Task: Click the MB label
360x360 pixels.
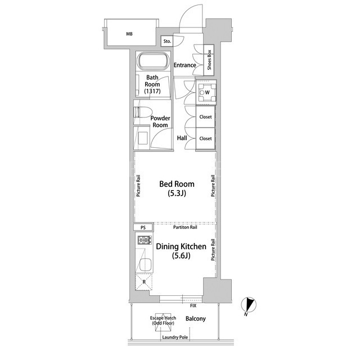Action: [x=129, y=34]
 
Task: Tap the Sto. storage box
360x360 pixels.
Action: [x=167, y=41]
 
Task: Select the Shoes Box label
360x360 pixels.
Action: [x=209, y=60]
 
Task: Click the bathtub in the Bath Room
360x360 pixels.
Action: [x=152, y=61]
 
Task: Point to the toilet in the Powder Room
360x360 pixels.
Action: [x=143, y=112]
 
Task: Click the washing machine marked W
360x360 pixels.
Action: [x=207, y=92]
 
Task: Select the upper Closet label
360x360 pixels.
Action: [x=205, y=117]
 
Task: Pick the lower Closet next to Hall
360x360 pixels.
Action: [x=205, y=138]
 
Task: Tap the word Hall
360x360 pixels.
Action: [x=182, y=138]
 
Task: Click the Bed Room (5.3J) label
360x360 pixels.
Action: [x=177, y=188]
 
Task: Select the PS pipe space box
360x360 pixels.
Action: [x=143, y=227]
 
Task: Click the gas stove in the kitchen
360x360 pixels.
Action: [x=145, y=240]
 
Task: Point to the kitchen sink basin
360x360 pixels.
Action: [x=145, y=265]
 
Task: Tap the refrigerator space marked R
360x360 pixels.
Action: [x=144, y=282]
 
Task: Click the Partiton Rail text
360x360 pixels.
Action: [x=185, y=227]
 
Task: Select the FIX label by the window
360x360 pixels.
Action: [x=193, y=305]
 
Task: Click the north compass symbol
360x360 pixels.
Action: [x=249, y=305]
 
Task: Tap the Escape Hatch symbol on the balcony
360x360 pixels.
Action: [x=163, y=322]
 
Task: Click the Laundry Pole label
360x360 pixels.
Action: [x=175, y=337]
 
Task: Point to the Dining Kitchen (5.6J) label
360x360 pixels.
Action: [x=181, y=251]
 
